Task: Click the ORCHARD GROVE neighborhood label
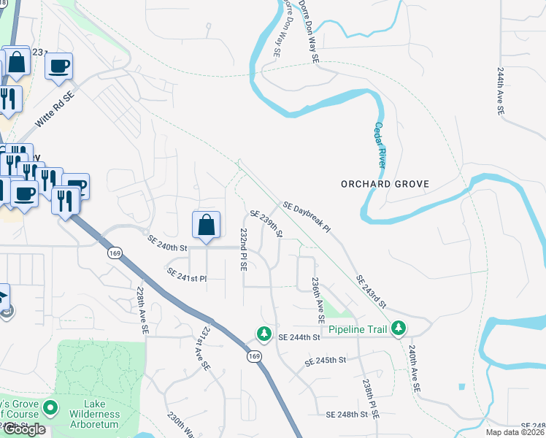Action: [385, 184]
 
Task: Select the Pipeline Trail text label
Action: [355, 330]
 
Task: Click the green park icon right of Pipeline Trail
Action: [398, 329]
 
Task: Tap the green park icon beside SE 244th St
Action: [263, 334]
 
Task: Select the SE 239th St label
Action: [266, 224]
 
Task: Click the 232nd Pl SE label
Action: [244, 249]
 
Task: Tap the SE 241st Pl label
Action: [187, 275]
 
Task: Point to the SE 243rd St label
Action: [371, 291]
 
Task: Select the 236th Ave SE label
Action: [317, 300]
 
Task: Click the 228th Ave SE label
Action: [142, 310]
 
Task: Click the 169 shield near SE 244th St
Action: [253, 356]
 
